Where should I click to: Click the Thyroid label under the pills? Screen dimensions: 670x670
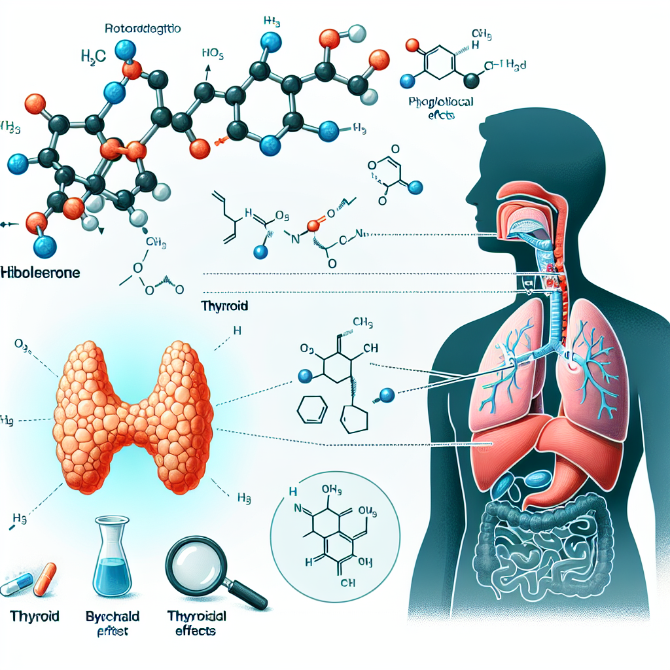(35, 616)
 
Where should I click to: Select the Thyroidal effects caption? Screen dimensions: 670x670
(192, 623)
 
